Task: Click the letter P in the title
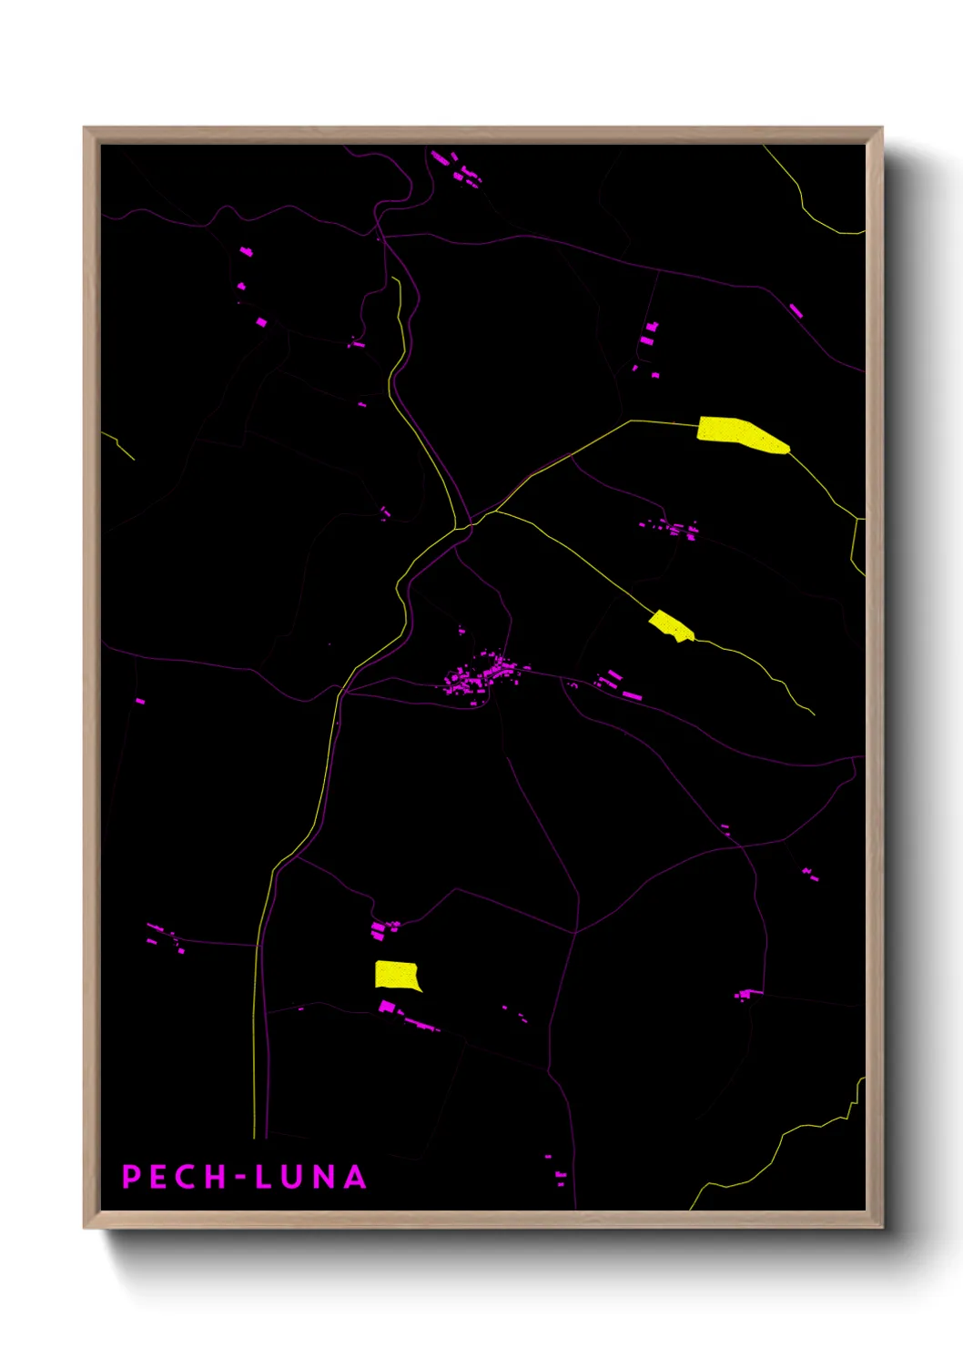[131, 1177]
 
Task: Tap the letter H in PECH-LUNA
[216, 1177]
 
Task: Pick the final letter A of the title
[356, 1177]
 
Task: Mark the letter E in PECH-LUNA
[159, 1177]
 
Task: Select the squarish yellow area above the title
[397, 975]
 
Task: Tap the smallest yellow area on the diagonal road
[671, 625]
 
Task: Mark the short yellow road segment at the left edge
[119, 445]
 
